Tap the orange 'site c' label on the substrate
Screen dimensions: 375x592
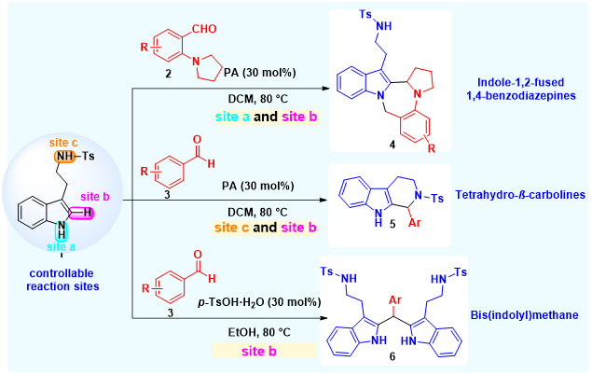60,141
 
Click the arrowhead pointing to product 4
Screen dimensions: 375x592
330,90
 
